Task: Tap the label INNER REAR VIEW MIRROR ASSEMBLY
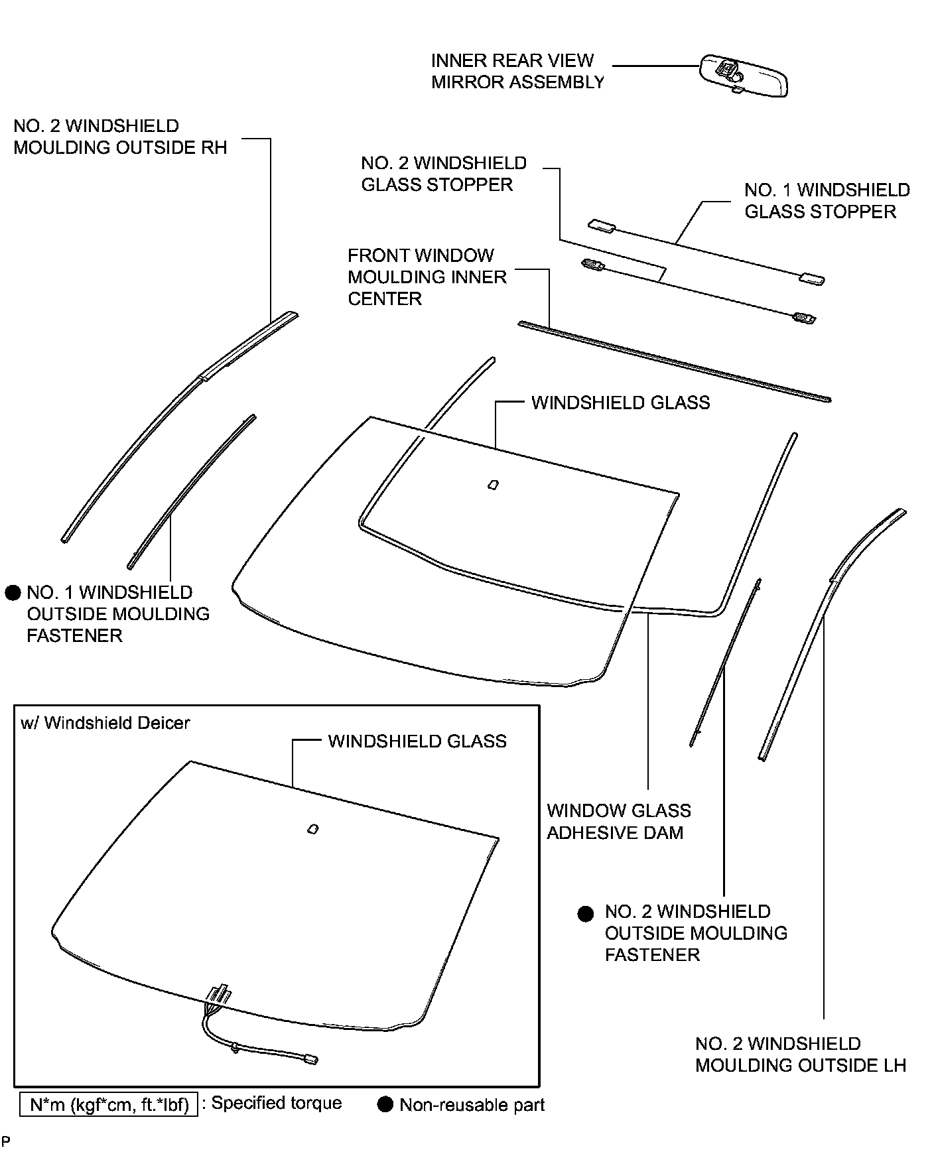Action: [517, 72]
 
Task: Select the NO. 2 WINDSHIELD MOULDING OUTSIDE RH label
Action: [120, 137]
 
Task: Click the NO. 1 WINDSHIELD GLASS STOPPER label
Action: [827, 201]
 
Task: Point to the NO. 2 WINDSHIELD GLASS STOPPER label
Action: [443, 174]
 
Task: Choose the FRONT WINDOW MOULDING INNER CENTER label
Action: [427, 277]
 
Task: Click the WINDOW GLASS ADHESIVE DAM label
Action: [618, 822]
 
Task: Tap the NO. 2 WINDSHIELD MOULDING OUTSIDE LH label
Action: [800, 1054]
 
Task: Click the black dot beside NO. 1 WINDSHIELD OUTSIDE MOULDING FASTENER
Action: [13, 593]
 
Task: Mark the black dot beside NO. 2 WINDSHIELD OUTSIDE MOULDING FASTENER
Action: [585, 915]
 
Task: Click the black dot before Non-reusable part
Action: [385, 1105]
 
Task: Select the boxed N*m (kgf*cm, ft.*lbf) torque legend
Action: [109, 1105]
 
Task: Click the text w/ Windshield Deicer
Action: [105, 723]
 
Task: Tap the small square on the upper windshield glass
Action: [493, 485]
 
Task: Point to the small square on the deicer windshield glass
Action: [312, 829]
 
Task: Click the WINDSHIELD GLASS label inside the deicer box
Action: [417, 741]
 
